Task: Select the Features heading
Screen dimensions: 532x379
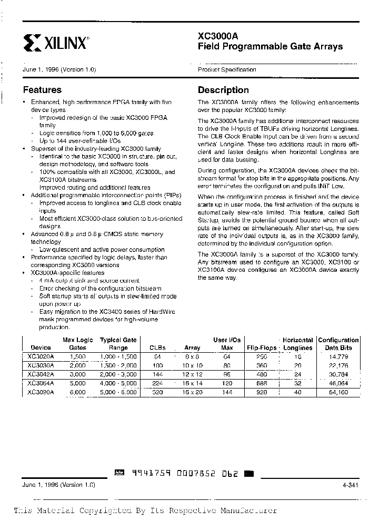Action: click(42, 90)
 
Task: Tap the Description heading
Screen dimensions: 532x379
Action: click(223, 90)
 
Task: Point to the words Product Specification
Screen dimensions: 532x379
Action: click(227, 69)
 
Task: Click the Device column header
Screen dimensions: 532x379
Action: click(41, 347)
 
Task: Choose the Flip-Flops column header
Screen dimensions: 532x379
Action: click(261, 347)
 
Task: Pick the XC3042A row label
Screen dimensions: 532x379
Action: click(41, 374)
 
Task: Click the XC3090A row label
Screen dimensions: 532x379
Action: click(41, 392)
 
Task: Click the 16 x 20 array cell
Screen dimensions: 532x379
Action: click(192, 392)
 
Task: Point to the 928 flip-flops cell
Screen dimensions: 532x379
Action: click(261, 392)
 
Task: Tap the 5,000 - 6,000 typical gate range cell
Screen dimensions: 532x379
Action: click(118, 392)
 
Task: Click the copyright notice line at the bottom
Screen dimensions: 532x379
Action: click(145, 510)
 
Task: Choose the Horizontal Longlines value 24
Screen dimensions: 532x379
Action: click(298, 374)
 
